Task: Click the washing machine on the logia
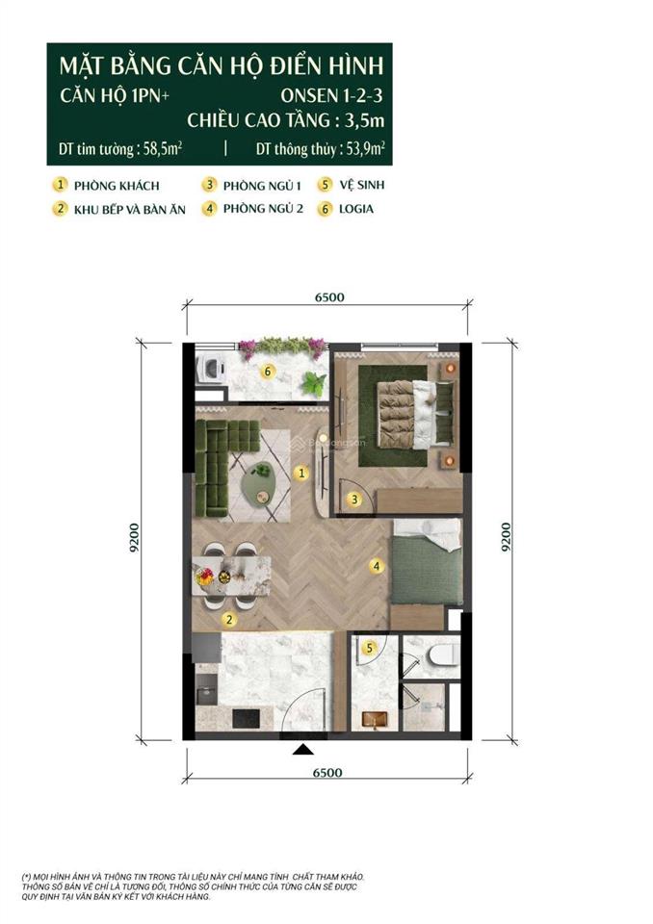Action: pyautogui.click(x=211, y=369)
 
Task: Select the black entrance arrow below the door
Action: pyautogui.click(x=303, y=749)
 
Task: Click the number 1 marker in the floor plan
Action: pyautogui.click(x=301, y=473)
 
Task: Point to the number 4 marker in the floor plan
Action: pyautogui.click(x=376, y=566)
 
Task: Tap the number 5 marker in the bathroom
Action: pyautogui.click(x=370, y=648)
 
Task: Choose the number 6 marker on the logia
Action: pyautogui.click(x=268, y=372)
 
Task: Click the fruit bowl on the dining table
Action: pyautogui.click(x=205, y=576)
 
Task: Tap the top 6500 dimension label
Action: pyautogui.click(x=329, y=297)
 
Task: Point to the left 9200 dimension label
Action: pyautogui.click(x=135, y=537)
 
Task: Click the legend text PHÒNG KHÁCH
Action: pyautogui.click(x=117, y=186)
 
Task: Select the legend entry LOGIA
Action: pyautogui.click(x=355, y=209)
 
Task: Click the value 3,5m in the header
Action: pyautogui.click(x=365, y=120)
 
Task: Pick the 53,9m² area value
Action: pyautogui.click(x=366, y=148)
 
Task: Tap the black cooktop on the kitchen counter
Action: pyautogui.click(x=246, y=718)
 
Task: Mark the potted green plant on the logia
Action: pyautogui.click(x=313, y=384)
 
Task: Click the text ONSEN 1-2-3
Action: pyautogui.click(x=331, y=95)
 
